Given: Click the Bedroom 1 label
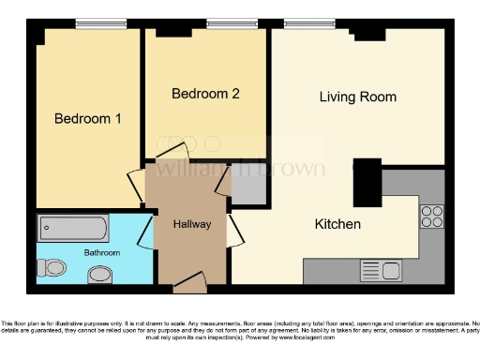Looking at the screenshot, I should [x=87, y=119].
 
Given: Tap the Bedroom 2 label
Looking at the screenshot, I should [x=205, y=94].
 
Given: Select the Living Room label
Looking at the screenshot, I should [x=357, y=97].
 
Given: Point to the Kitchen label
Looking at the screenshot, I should [x=337, y=225].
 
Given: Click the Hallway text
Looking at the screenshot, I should [x=191, y=225].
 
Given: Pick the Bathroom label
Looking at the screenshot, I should [x=102, y=253].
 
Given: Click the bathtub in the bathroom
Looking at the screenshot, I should [x=73, y=228].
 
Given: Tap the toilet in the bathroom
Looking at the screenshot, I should [x=54, y=268].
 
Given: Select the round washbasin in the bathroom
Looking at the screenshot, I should [x=98, y=275].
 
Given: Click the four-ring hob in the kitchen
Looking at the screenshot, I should [x=432, y=217].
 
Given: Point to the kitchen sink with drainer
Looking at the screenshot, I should [x=381, y=271].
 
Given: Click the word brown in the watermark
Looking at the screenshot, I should [x=296, y=169].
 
